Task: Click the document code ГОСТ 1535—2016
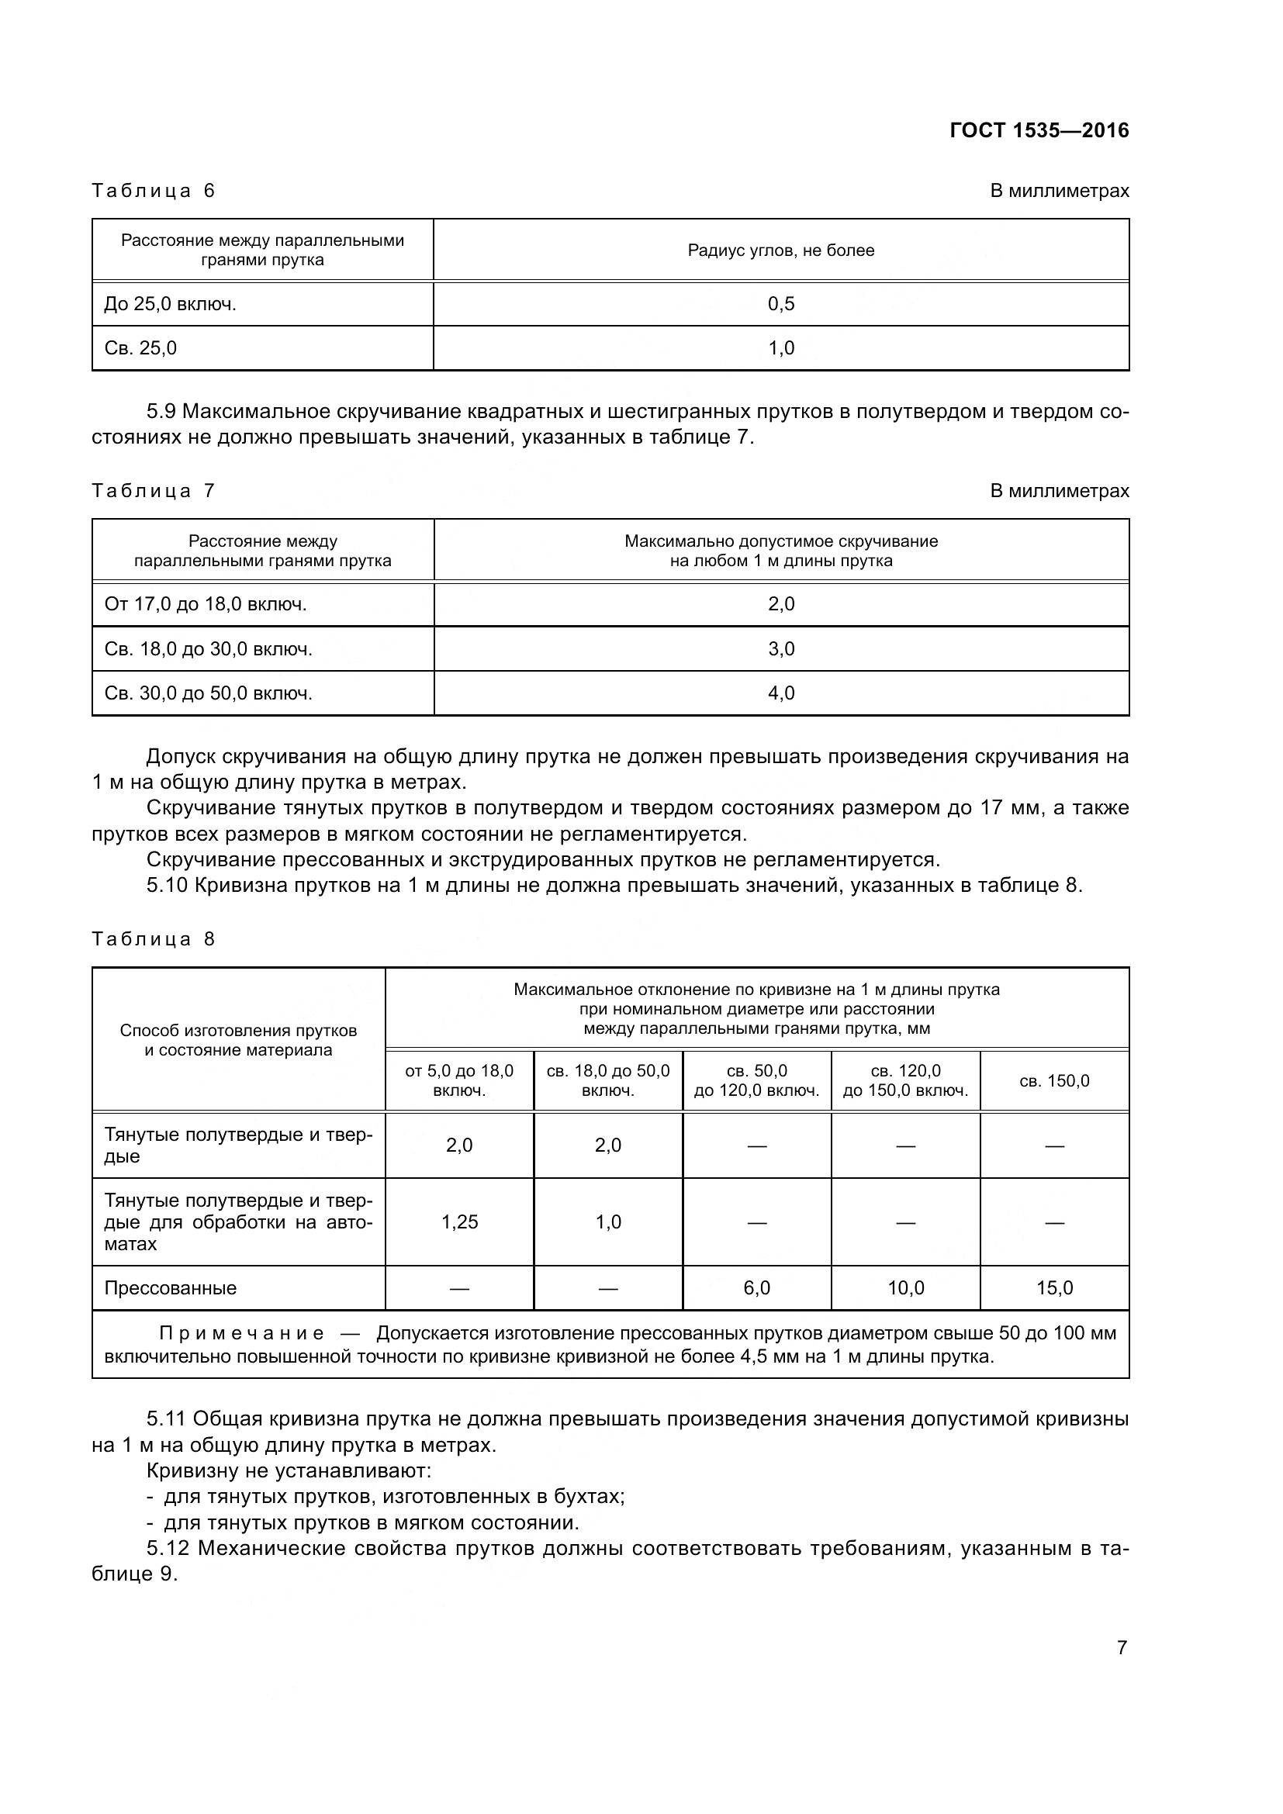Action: (x=1039, y=130)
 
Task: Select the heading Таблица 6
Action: (x=154, y=191)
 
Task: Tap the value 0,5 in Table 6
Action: (x=780, y=304)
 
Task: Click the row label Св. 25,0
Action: (x=140, y=348)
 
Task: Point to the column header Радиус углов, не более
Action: (x=780, y=251)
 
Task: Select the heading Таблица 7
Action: (x=154, y=491)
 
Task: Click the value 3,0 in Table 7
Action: (x=780, y=648)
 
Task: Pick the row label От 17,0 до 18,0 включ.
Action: (x=206, y=604)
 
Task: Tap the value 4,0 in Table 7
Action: (x=780, y=693)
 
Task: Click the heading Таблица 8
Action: (x=154, y=939)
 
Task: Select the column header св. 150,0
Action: (x=1054, y=1081)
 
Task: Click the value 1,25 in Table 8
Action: (x=459, y=1221)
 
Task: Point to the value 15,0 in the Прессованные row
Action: (x=1054, y=1288)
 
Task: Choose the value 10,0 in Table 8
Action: (x=905, y=1288)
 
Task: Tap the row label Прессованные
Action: (x=171, y=1288)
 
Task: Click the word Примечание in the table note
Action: (x=241, y=1334)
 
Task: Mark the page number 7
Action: (x=1121, y=1648)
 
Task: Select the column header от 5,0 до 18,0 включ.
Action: (x=459, y=1081)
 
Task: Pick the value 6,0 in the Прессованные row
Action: (x=756, y=1288)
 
